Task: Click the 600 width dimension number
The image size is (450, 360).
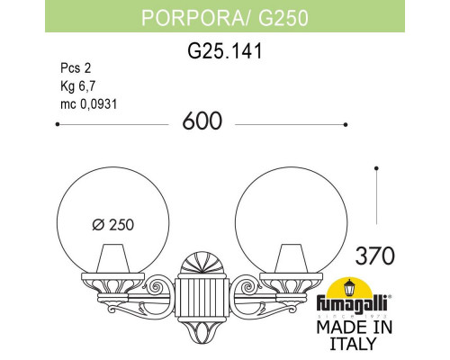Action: tap(207, 122)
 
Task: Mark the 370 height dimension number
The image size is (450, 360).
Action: tap(375, 255)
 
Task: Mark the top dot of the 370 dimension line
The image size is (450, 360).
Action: tap(375, 167)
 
